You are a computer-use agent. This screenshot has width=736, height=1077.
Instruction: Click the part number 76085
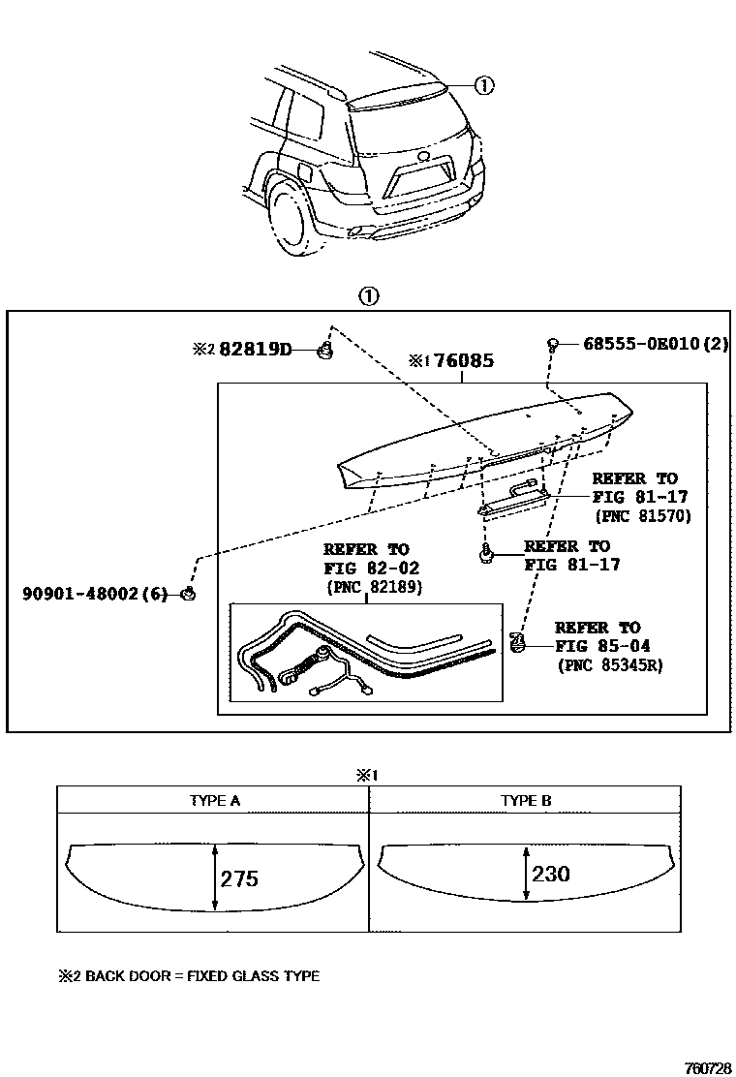coord(464,361)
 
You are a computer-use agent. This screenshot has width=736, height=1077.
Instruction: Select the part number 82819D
coord(255,349)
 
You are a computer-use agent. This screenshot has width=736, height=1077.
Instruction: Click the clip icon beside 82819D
coord(327,349)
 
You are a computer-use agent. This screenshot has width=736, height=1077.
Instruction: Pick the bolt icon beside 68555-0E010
coord(552,344)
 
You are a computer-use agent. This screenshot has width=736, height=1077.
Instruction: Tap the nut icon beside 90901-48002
coord(191,594)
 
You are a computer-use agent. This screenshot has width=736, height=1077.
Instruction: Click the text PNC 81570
coord(641,516)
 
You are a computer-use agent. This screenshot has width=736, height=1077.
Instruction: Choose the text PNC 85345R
coord(610,665)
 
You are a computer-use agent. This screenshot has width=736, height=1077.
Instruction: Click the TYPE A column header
coord(214,800)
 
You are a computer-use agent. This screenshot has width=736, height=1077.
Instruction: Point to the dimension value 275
coord(239,878)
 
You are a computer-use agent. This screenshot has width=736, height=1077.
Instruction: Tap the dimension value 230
coord(550,874)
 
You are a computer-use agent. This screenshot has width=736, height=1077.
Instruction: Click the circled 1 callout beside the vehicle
coord(483,85)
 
